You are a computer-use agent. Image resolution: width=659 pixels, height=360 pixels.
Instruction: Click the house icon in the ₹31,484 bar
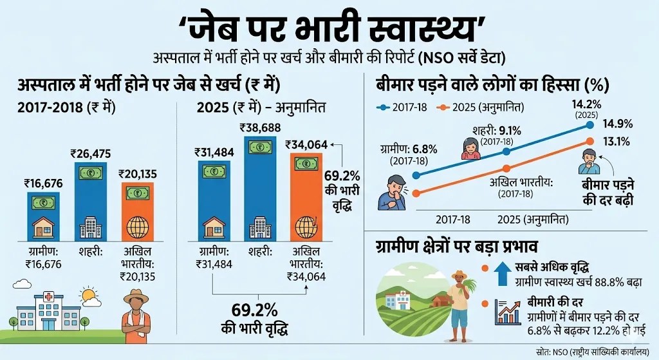click(x=214, y=226)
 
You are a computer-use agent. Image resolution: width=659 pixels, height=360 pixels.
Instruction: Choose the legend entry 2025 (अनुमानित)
click(x=480, y=106)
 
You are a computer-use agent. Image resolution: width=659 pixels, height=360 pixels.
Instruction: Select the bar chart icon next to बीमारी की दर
click(x=507, y=312)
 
